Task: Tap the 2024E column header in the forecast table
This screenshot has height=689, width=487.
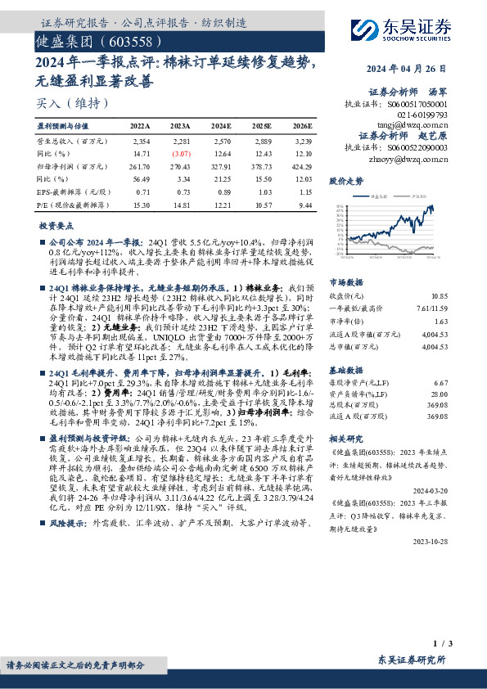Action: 221,127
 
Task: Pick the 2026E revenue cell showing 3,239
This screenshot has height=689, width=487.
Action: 301,141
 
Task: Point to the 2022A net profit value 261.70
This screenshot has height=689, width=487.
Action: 139,165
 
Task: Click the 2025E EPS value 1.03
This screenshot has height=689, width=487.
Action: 262,191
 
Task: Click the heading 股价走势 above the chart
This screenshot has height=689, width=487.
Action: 345,179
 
